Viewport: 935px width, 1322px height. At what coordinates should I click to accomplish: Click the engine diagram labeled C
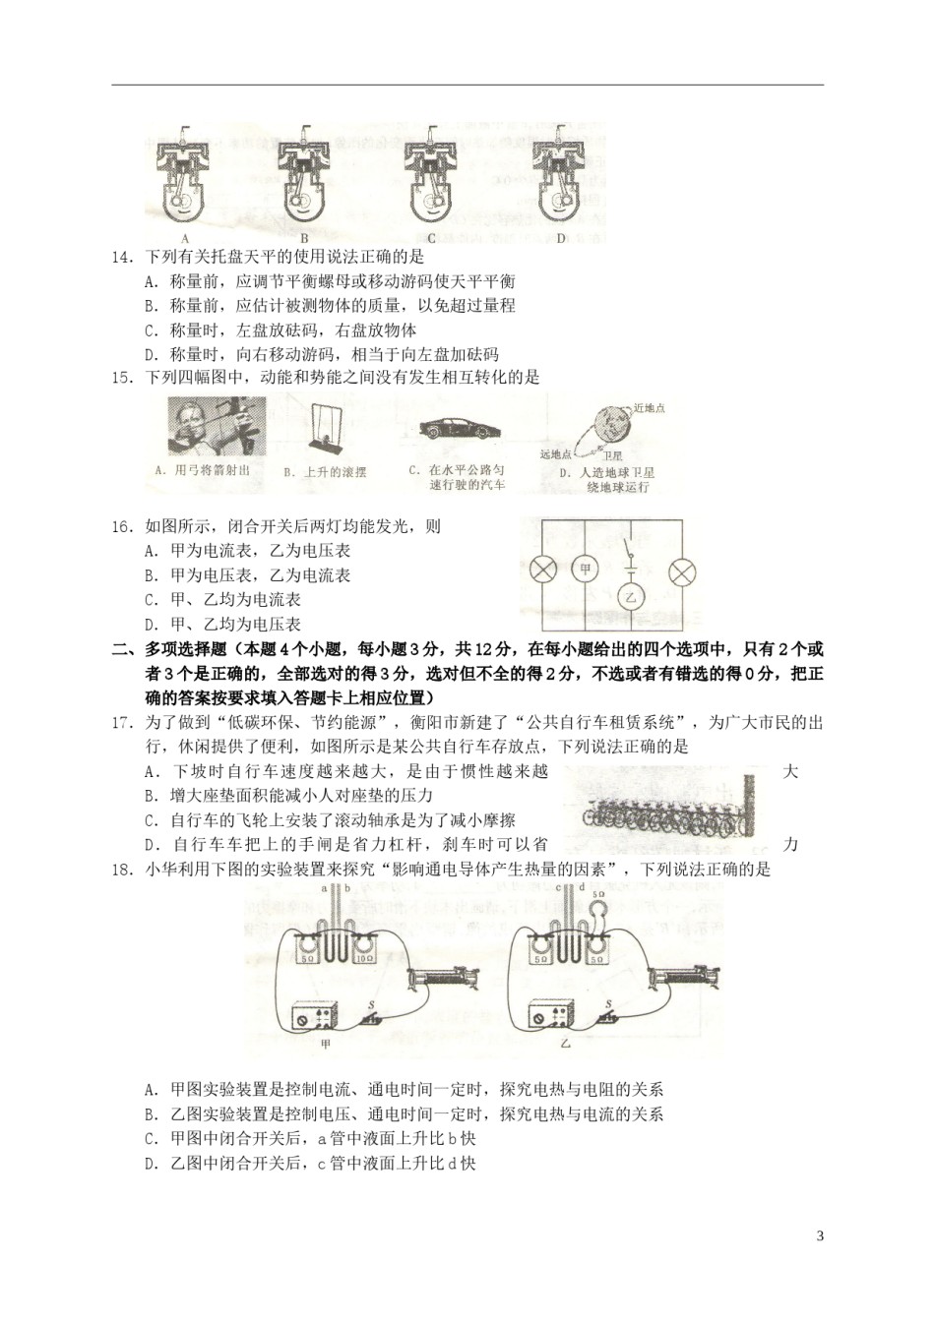(432, 178)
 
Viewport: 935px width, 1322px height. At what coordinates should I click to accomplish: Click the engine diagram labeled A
(184, 178)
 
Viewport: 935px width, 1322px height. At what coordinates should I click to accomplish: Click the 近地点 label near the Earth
(650, 407)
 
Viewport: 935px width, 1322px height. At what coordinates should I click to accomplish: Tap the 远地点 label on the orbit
(556, 453)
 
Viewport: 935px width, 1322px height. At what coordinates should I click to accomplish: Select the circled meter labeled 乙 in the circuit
(631, 596)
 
